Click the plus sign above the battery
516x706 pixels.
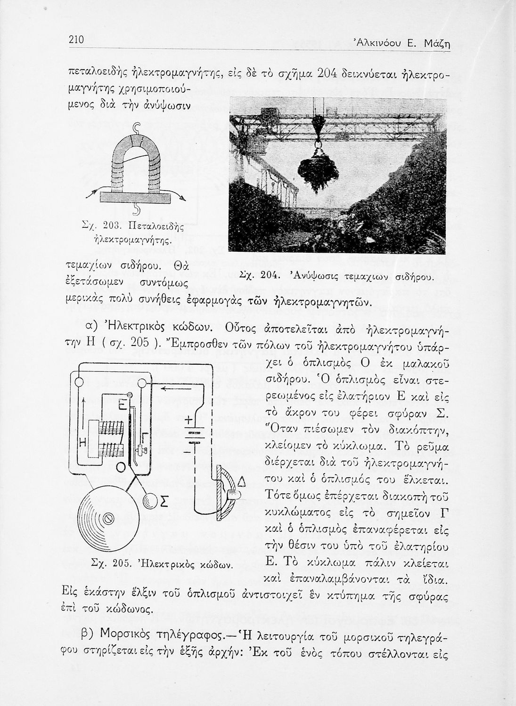pyautogui.click(x=188, y=420)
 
